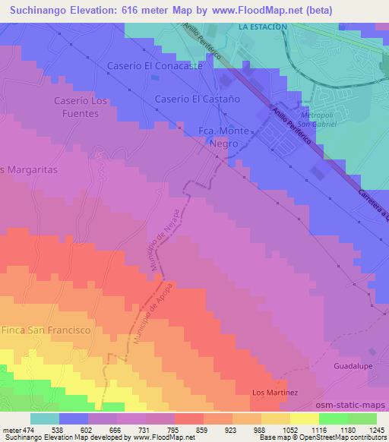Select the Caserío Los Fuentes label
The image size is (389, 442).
click(x=76, y=106)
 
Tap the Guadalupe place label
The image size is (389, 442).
click(x=353, y=366)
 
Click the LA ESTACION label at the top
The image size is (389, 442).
click(x=262, y=27)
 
